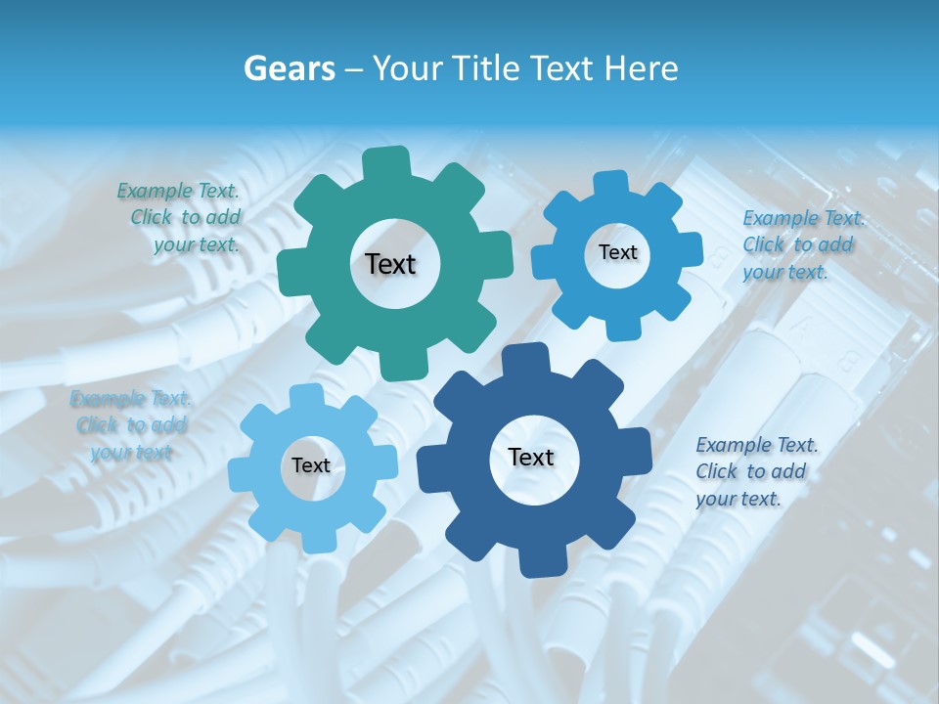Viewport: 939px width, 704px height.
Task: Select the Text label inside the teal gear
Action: pos(390,264)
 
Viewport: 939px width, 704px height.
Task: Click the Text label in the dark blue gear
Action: pos(531,457)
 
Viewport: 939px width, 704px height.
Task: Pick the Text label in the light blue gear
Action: pos(311,465)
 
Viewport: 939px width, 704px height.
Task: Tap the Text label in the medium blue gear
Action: pos(617,252)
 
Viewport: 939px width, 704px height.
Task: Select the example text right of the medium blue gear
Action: pos(802,245)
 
